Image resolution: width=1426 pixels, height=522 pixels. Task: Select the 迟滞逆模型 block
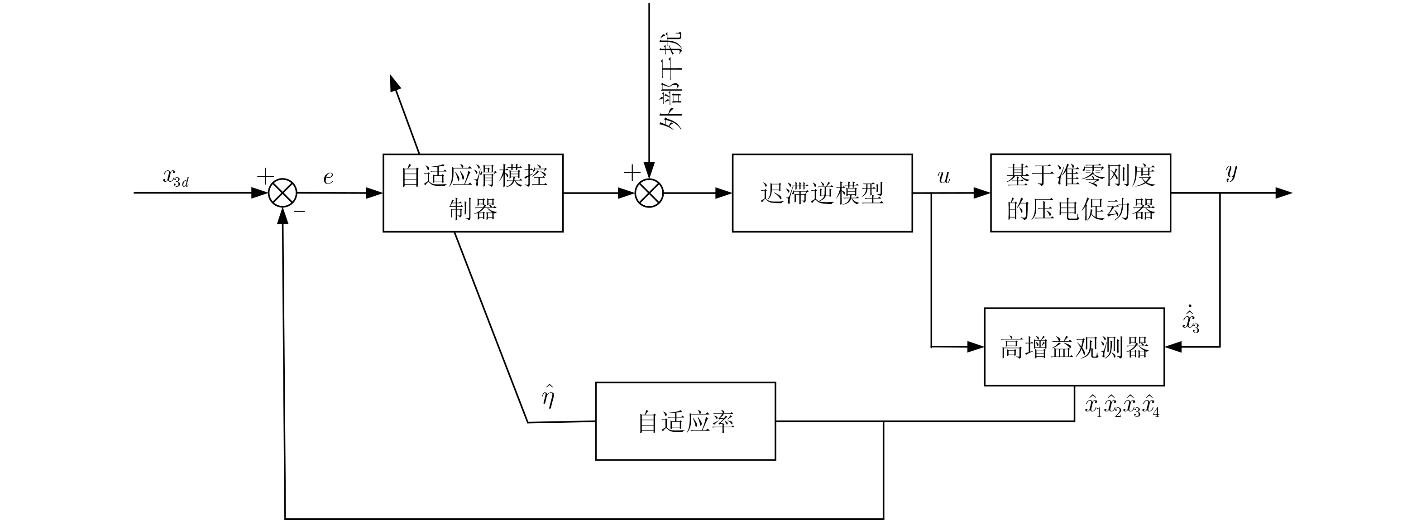(822, 193)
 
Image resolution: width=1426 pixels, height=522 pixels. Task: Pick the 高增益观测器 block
(1074, 347)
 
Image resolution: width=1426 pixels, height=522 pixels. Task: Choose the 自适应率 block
(685, 421)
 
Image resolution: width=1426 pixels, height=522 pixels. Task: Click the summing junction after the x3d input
(282, 193)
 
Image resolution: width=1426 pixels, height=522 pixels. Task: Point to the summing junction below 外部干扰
(649, 193)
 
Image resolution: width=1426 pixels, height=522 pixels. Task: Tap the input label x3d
(176, 177)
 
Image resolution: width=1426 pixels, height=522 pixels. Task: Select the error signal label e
(328, 177)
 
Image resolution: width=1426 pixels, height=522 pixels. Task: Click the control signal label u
(944, 177)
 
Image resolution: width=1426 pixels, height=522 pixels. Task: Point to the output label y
(1231, 173)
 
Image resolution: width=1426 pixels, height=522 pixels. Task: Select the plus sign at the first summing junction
(265, 176)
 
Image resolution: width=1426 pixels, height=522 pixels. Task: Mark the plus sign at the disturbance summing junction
(632, 174)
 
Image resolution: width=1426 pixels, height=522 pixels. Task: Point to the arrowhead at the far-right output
(1283, 193)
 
